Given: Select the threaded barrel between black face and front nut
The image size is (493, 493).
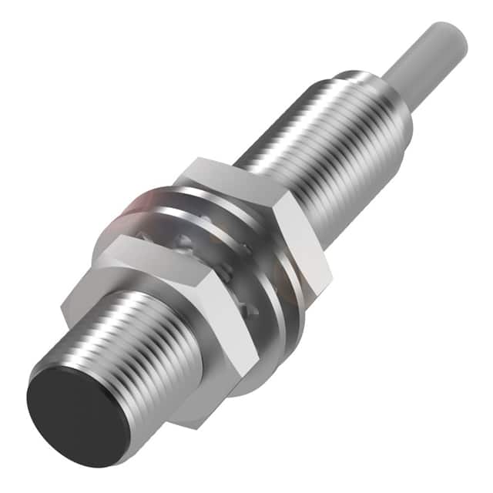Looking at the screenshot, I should click(x=139, y=339).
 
